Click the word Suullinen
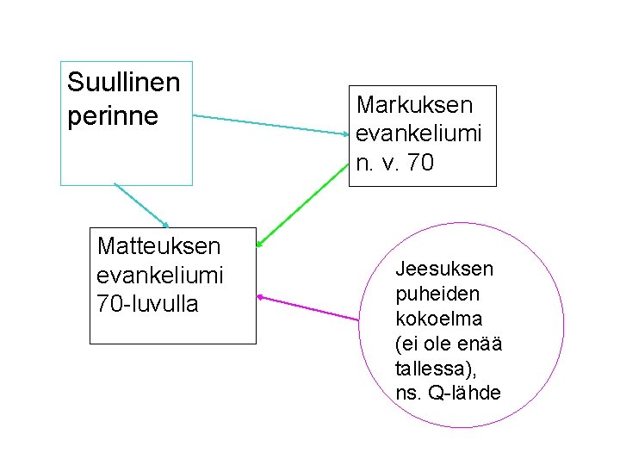pos(124,83)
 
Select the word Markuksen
pos(414,106)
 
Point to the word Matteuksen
pos(158,246)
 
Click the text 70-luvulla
pos(147,304)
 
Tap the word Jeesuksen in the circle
pos(444,269)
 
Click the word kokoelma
pos(438,319)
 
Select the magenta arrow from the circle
pos(307,309)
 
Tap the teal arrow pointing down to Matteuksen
pos(141,205)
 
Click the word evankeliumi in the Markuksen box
pos(418,134)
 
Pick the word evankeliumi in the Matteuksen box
pos(160,276)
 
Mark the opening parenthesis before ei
pos(398,344)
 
